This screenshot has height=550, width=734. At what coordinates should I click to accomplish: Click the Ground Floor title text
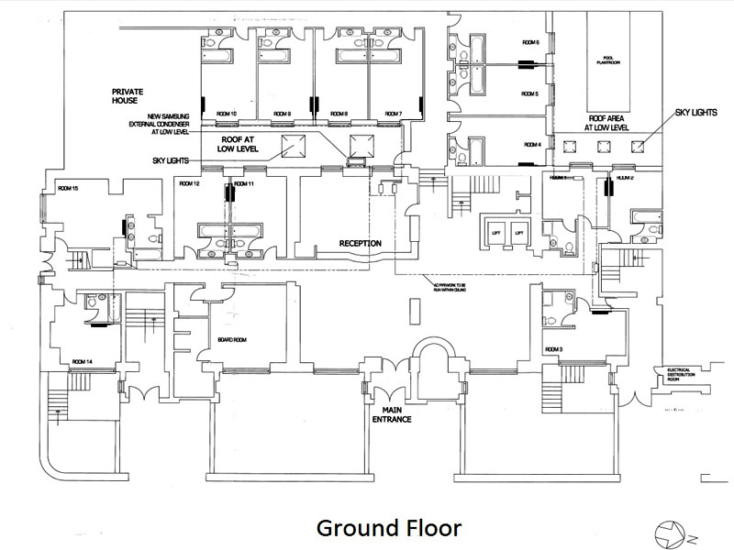(x=388, y=529)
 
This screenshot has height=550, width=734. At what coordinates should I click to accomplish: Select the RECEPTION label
(x=360, y=243)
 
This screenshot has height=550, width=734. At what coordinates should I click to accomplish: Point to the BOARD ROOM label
(x=233, y=340)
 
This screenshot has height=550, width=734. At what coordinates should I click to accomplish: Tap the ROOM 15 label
(x=68, y=188)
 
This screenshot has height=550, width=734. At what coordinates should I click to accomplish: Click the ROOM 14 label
(x=83, y=362)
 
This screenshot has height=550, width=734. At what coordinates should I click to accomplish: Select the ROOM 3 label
(x=552, y=350)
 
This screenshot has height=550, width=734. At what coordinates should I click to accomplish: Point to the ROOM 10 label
(x=226, y=113)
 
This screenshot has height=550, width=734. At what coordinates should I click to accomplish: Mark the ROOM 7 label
(x=394, y=113)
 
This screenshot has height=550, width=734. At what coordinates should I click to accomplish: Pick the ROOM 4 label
(x=532, y=145)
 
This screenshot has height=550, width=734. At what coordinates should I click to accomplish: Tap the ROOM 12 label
(x=190, y=184)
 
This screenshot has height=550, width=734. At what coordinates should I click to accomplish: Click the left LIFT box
(x=495, y=232)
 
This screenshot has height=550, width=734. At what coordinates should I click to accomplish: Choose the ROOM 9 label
(x=282, y=113)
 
